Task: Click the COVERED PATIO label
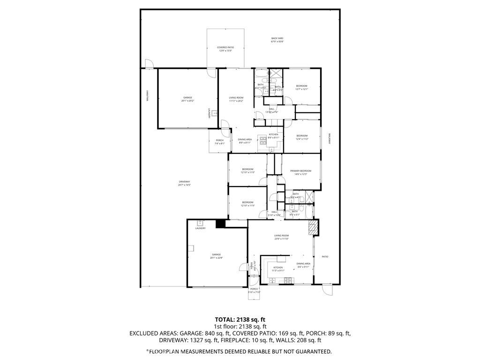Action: tap(225, 49)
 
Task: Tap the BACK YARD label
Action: tap(277, 40)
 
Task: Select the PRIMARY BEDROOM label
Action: tap(300, 172)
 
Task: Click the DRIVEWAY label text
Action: tap(184, 183)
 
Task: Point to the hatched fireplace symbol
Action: tap(313, 228)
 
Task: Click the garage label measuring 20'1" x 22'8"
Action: tap(216, 256)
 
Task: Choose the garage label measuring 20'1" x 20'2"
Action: tap(187, 99)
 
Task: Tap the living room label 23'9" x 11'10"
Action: tap(282, 237)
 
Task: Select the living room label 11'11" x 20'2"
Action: tap(236, 99)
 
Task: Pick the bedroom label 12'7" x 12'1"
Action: tap(301, 87)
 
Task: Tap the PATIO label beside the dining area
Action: tap(325, 256)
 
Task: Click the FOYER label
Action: tap(255, 265)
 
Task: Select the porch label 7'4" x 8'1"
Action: tap(219, 142)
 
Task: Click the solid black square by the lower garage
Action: tap(220, 224)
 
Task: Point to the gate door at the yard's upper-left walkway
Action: tap(149, 64)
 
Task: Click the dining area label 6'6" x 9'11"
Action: tap(304, 265)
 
